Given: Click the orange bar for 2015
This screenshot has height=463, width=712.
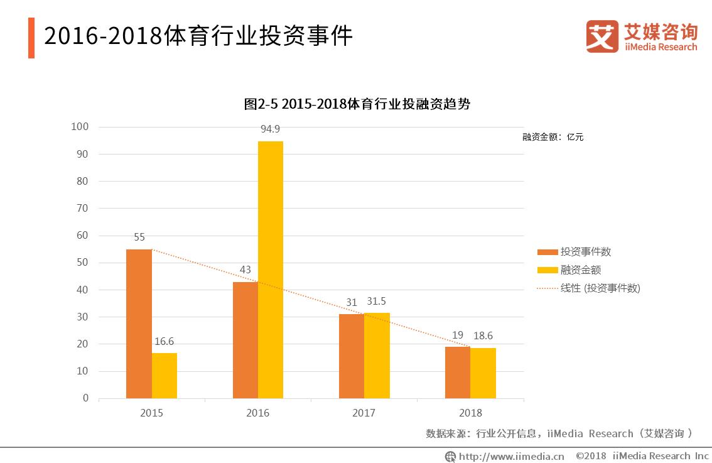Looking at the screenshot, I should (x=139, y=324).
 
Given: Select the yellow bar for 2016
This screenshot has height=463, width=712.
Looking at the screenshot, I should (x=271, y=270).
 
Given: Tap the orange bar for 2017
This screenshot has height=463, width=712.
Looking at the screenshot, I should (x=351, y=356).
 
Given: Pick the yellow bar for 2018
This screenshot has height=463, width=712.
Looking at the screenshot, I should (x=483, y=373).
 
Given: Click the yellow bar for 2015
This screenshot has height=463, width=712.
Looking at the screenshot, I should (x=165, y=375).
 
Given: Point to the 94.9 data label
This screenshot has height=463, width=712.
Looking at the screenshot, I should (x=271, y=129).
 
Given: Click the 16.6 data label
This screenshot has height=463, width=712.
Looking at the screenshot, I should (x=164, y=341).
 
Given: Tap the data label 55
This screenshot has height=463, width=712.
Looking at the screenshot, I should (x=139, y=237).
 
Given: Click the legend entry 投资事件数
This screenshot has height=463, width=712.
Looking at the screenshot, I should (x=585, y=252).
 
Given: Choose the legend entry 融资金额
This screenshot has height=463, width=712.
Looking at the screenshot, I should (x=580, y=270).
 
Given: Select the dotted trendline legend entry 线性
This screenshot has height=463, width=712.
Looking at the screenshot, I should (x=600, y=288).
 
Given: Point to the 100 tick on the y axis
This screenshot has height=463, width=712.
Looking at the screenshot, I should (x=80, y=127).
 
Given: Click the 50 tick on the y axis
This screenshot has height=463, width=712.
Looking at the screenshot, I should (x=83, y=263).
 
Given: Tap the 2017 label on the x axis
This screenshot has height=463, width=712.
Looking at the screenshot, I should (x=364, y=413).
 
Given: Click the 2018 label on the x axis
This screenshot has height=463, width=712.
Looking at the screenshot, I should (x=470, y=413).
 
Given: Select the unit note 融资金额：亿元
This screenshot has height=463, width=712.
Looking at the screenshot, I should (x=553, y=137).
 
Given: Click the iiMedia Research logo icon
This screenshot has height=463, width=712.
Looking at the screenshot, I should (x=602, y=36).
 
